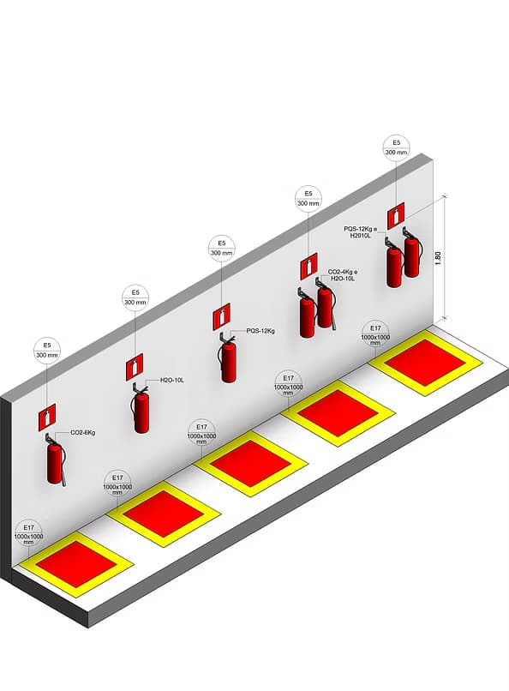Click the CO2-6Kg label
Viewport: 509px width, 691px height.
[83, 433]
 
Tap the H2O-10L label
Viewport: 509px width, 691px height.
[172, 380]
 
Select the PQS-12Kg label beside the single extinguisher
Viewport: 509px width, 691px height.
[260, 331]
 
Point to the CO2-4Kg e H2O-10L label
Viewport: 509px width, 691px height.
[343, 275]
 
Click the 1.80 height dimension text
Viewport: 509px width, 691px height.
[437, 258]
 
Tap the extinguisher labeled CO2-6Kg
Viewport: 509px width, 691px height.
[55, 460]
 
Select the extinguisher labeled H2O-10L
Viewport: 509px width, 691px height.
[141, 409]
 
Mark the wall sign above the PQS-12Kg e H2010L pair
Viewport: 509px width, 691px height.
[396, 216]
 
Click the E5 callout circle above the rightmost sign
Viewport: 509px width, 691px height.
[397, 147]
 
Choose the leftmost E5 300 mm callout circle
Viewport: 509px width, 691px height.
[47, 351]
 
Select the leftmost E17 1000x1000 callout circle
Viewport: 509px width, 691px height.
[28, 533]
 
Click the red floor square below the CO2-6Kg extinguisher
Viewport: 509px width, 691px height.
[75, 564]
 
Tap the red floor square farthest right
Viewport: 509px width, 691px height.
[425, 364]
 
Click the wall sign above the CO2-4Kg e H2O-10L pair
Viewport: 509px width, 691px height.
[309, 266]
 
